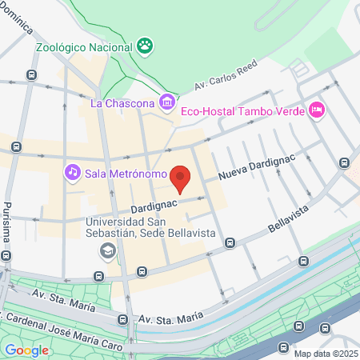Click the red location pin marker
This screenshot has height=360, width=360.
182,179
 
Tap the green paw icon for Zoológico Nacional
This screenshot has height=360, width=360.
146,45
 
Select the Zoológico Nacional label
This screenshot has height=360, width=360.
85,46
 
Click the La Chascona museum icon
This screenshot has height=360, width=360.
166,102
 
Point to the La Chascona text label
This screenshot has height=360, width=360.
123,102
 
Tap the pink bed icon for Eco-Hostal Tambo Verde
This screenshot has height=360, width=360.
316,110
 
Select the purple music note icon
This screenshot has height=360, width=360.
73,172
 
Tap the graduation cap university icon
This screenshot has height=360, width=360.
106,251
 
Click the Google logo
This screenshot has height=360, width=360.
26,350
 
